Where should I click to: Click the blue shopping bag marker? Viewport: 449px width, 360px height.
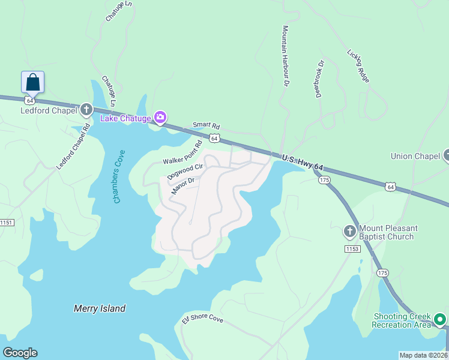pos(32,83)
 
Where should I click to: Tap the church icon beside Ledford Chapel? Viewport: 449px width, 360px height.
pos(86,110)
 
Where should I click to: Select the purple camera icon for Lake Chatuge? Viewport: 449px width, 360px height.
pos(160,118)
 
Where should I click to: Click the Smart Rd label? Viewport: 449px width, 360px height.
pos(206,126)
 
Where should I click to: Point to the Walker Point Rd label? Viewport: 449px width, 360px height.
pos(182,158)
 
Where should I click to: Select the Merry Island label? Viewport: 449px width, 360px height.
pos(100,308)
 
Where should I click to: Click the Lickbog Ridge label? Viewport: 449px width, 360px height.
pos(358,65)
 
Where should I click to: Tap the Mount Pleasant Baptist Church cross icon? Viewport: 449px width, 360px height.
pos(349,232)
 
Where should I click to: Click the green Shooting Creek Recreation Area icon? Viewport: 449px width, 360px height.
pos(440,319)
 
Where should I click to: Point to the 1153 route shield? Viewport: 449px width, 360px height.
pos(352,248)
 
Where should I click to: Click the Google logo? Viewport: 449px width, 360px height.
pos(20,353)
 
